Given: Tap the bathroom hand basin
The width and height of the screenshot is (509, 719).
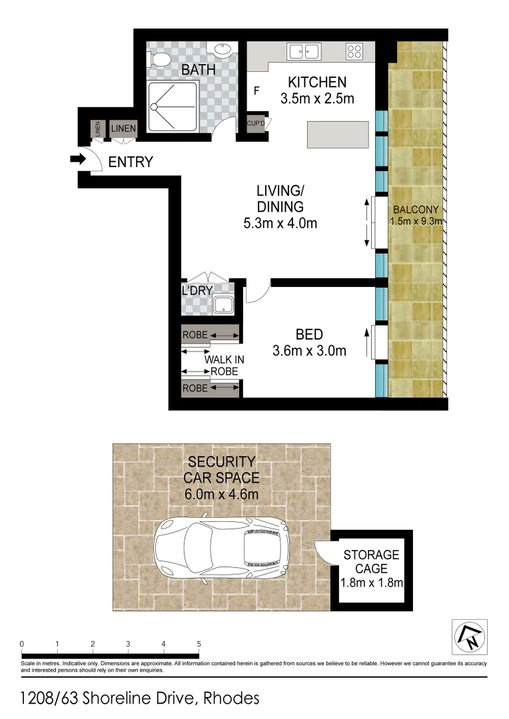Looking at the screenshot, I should [223, 50].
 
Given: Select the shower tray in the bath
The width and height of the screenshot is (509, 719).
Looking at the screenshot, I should [173, 106].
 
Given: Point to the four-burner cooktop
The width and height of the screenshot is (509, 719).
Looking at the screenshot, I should [354, 51].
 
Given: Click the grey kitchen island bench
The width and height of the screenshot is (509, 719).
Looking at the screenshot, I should [338, 134].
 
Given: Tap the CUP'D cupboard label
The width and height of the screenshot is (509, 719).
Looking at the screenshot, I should [256, 124].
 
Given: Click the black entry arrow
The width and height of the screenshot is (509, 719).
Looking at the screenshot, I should [78, 159].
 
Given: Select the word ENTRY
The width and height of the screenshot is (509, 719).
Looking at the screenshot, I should [131, 162].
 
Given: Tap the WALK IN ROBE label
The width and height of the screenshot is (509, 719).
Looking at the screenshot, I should [224, 365].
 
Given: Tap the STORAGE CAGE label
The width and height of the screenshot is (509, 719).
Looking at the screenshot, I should [371, 561].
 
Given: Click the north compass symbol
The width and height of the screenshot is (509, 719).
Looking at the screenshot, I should [470, 637].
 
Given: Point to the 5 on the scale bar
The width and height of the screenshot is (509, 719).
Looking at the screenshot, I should [199, 644].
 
